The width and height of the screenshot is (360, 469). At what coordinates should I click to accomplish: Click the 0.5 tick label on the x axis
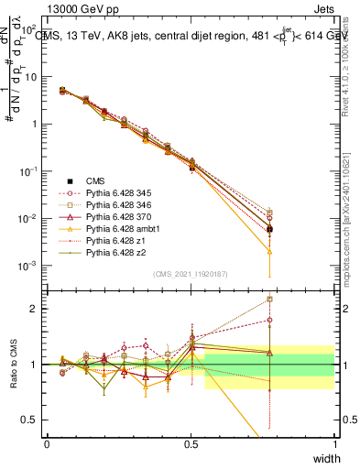(x=191, y=444)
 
